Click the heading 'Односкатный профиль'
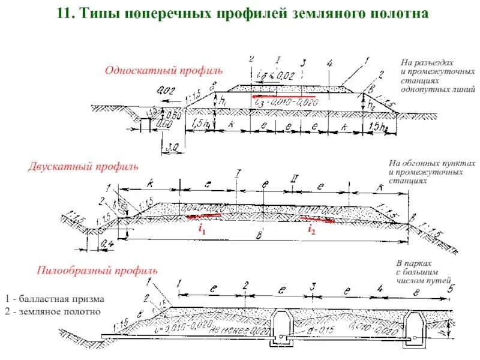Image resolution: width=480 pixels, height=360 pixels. (x=164, y=71)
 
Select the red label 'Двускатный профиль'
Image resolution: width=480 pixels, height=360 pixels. (x=83, y=166)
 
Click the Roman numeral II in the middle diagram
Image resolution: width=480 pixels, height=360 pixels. (x=295, y=178)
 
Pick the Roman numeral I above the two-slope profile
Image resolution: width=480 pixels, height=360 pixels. (x=239, y=175)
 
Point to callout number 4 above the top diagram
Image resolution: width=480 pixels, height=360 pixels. (x=329, y=62)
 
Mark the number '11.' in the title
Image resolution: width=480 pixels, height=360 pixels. (x=66, y=14)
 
